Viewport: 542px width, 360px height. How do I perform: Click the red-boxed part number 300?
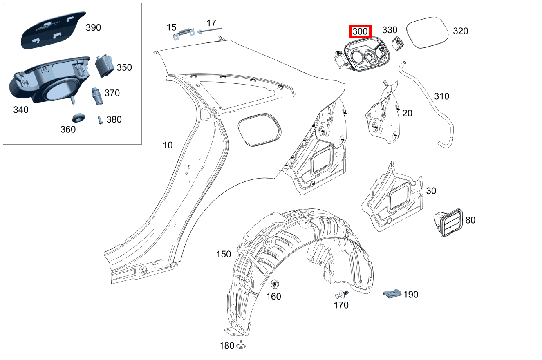coord(360,31)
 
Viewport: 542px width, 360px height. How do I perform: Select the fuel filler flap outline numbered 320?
coord(427,32)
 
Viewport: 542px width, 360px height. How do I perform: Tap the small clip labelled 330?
coord(398,44)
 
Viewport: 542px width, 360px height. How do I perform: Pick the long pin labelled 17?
coord(210,31)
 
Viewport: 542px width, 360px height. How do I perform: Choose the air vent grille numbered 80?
coord(448,223)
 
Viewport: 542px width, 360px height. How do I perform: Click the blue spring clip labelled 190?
coord(392,293)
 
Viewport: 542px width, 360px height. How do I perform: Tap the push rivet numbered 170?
coord(341,295)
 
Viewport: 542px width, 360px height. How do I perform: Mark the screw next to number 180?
coord(241,344)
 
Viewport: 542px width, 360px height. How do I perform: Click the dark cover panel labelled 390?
coord(54,30)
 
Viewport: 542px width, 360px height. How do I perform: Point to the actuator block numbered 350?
coord(105,66)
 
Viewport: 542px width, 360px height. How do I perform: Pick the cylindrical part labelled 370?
coord(97,96)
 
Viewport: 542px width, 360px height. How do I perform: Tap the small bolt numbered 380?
coord(100,120)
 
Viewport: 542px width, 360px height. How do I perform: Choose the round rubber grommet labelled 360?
coord(78,117)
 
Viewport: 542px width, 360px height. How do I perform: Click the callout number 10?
coord(168,145)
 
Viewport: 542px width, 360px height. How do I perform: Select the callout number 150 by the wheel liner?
coord(224,254)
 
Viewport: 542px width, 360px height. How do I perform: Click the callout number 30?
coord(431,191)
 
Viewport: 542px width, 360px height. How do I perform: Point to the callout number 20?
coord(407,113)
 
